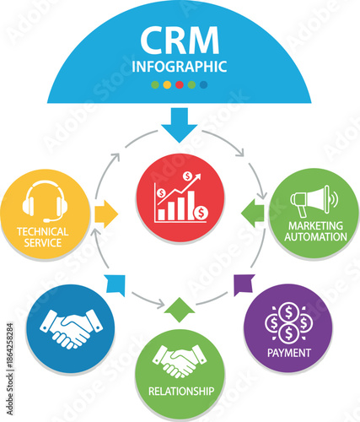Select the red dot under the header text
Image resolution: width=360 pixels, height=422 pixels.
click(x=179, y=84)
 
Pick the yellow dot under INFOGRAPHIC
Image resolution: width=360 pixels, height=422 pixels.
click(x=167, y=84)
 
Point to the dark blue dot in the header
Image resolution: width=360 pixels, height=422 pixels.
click(x=203, y=84)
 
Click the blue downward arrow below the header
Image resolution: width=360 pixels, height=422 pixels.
click(x=179, y=125)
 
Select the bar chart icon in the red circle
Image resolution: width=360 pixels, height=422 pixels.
click(x=180, y=201)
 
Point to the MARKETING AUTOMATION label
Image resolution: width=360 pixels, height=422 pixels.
click(x=316, y=231)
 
